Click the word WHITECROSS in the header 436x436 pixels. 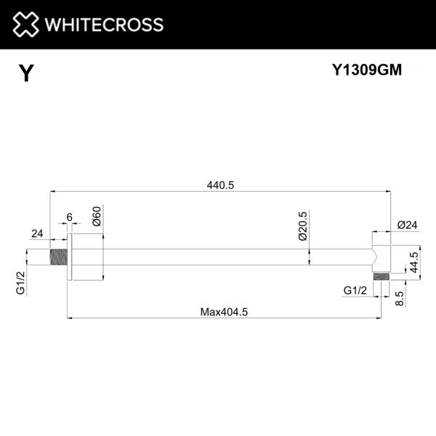(x=103, y=25)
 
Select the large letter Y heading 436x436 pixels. (x=26, y=73)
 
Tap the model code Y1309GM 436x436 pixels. (x=367, y=70)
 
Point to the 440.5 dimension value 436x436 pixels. (x=220, y=185)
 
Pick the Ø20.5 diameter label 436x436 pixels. (x=302, y=225)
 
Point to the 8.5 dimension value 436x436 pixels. (x=399, y=298)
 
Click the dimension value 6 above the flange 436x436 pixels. (x=69, y=217)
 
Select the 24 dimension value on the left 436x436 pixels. (x=37, y=233)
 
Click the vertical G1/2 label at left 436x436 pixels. (x=20, y=281)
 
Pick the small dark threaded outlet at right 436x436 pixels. (x=379, y=276)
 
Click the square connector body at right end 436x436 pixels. (x=380, y=256)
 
